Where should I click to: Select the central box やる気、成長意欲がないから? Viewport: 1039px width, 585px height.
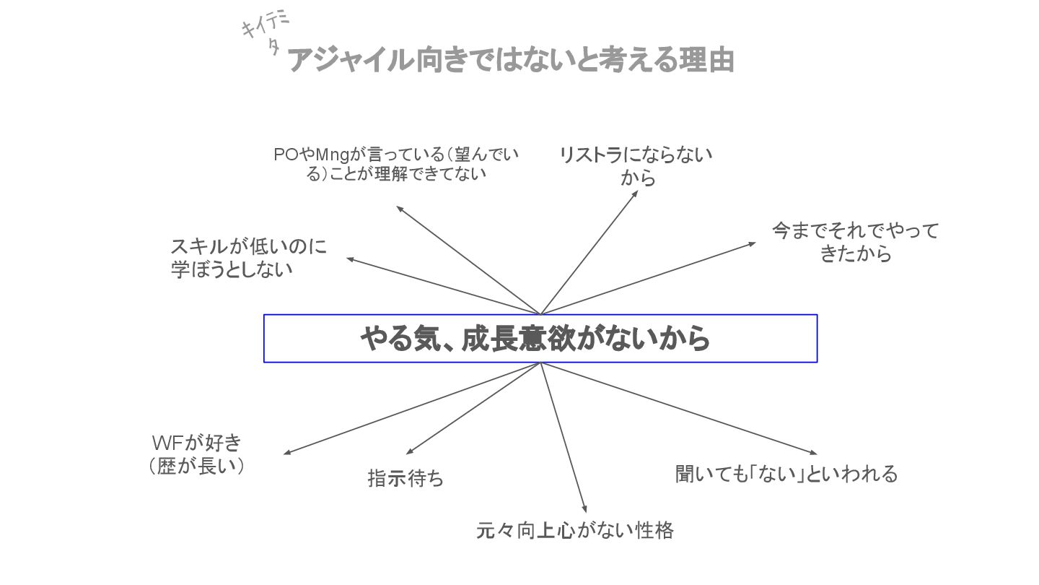pos(540,338)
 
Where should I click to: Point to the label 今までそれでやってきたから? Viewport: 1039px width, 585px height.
pos(856,242)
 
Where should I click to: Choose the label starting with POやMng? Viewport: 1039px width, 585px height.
pos(396,164)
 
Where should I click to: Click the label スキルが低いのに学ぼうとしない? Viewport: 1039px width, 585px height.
pos(248,258)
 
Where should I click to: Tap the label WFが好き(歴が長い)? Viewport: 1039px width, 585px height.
pos(196,454)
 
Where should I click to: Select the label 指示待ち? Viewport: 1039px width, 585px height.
pos(405,478)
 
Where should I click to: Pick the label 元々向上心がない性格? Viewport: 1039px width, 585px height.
pos(575,531)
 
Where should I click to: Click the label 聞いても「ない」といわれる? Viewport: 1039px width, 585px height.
pos(786,474)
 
